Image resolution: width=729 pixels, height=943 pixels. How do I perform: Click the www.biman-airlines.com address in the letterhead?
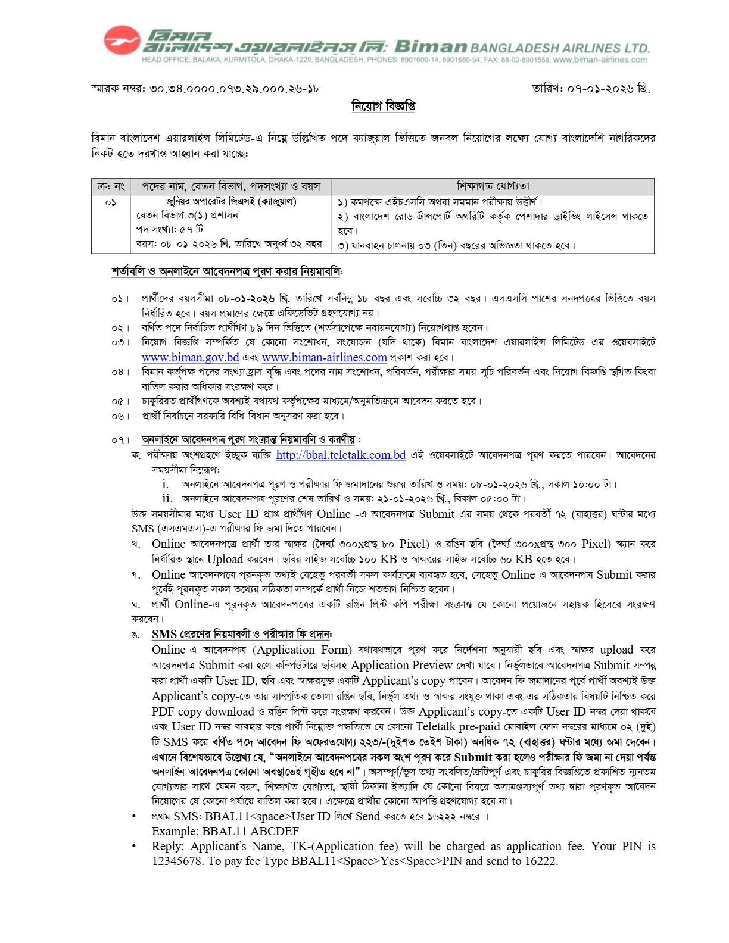pos(600,60)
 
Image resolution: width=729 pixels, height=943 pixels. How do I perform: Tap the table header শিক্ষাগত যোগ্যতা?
pos(493,186)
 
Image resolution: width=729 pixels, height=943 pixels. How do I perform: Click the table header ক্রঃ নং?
pos(111,186)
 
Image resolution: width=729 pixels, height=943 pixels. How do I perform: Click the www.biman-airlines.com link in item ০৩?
pos(324,358)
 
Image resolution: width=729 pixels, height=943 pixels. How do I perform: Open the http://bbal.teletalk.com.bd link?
pos(341,455)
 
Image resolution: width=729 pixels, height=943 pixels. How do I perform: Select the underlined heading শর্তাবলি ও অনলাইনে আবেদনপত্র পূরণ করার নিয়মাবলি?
pos(227,271)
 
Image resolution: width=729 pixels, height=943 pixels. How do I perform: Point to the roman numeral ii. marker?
pos(167,498)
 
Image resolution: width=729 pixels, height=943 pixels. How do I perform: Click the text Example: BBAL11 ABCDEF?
pos(225,831)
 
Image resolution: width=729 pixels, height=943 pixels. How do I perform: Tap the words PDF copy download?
pos(202,711)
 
